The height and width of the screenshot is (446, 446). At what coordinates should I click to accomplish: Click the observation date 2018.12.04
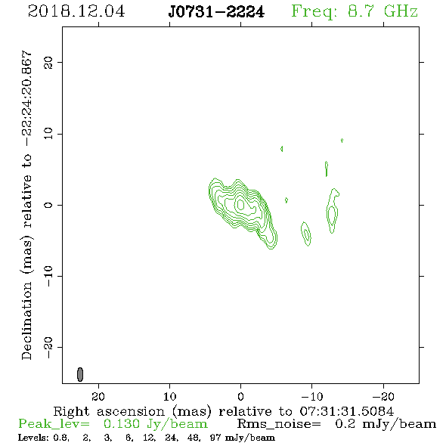pyautogui.click(x=76, y=11)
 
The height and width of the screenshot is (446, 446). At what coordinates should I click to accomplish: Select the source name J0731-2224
pyautogui.click(x=216, y=12)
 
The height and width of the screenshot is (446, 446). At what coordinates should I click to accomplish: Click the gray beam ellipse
pyautogui.click(x=80, y=374)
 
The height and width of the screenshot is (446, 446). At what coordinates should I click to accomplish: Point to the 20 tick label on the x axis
pyautogui.click(x=98, y=396)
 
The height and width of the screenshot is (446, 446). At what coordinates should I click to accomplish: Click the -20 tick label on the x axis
pyautogui.click(x=383, y=396)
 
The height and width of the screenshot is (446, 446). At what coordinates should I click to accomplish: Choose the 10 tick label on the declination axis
pyautogui.click(x=48, y=134)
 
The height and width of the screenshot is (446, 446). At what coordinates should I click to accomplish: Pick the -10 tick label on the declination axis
pyautogui.click(x=48, y=276)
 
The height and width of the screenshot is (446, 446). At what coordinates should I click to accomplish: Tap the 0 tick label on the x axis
pyautogui.click(x=240, y=396)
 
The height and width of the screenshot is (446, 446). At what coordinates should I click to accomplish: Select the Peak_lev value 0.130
pyautogui.click(x=122, y=424)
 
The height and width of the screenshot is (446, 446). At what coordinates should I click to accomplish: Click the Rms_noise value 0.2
pyautogui.click(x=345, y=424)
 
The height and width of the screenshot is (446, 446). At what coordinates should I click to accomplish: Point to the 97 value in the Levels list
pyautogui.click(x=216, y=438)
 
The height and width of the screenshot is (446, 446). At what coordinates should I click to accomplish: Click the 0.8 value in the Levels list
pyautogui.click(x=60, y=438)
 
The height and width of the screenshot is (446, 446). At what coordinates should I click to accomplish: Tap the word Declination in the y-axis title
pyautogui.click(x=26, y=321)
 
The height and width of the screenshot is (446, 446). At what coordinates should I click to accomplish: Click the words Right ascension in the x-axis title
pyautogui.click(x=109, y=411)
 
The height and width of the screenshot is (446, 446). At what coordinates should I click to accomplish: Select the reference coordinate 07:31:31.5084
pyautogui.click(x=346, y=411)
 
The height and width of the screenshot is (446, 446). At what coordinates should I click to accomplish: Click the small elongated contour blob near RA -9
pyautogui.click(x=305, y=234)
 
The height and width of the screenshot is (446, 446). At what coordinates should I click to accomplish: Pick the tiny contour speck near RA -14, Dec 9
pyautogui.click(x=342, y=141)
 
